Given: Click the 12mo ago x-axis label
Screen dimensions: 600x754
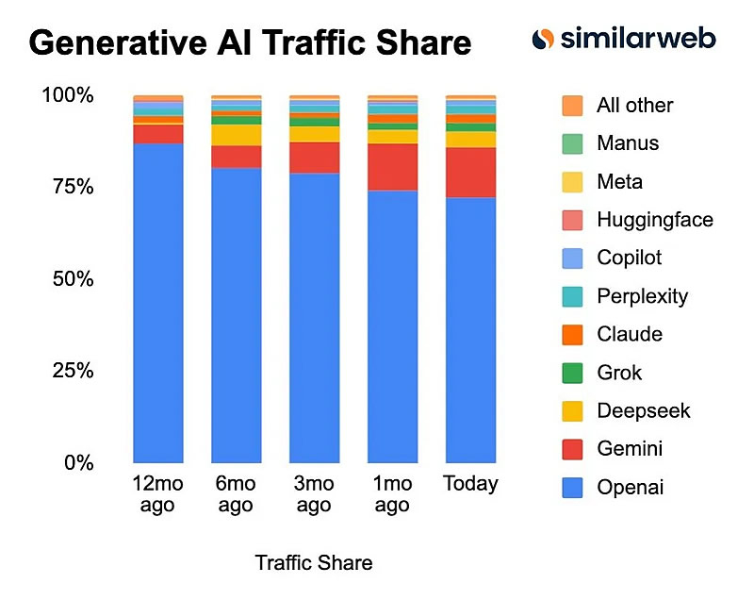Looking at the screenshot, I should (158, 494).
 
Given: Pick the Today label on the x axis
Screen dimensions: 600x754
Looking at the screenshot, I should (470, 484).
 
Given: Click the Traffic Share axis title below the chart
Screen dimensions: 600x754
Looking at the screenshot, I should (314, 563).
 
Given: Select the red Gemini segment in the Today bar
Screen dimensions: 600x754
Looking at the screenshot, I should (470, 172).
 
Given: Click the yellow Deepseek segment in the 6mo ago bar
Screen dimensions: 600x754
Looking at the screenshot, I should (237, 135).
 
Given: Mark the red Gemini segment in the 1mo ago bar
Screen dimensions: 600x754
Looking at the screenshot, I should (392, 167).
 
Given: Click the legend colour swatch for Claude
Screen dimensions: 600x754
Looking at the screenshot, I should (571, 335).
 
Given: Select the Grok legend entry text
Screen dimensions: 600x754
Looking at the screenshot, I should (619, 373).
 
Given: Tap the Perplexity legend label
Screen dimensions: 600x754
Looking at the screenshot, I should (642, 296).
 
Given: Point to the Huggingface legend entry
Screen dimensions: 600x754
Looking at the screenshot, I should (654, 220).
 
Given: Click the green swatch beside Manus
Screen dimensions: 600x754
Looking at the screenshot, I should (571, 143).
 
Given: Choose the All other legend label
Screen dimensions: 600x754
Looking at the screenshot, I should (634, 105).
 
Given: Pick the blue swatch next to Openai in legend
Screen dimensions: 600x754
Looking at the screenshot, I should (571, 488).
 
